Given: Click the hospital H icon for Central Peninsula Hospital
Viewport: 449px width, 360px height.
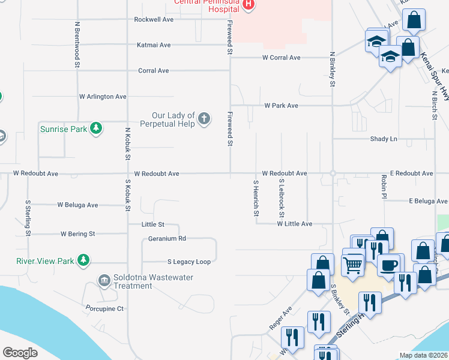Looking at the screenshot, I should (249, 5).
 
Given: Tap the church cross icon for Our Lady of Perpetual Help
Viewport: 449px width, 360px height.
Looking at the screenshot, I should (204, 118).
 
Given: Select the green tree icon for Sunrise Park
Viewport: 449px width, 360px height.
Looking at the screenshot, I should (95, 128).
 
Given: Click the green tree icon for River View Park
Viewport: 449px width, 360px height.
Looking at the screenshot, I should (84, 260).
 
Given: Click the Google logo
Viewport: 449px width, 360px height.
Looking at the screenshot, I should (20, 353).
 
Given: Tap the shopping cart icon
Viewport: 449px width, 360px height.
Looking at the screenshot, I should (353, 263).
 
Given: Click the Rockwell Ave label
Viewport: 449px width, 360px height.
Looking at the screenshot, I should (154, 19).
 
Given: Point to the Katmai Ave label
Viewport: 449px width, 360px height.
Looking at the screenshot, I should (154, 45).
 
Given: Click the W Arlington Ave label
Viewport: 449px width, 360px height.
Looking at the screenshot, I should (103, 97).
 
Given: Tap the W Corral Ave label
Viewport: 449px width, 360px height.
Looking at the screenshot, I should (281, 58).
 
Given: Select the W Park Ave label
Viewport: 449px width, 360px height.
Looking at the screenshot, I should (281, 106).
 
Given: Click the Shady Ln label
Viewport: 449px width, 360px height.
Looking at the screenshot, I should (384, 139).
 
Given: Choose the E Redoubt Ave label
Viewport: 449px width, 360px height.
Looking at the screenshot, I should (411, 173).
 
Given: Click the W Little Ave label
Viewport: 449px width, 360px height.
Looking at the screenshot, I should (294, 224).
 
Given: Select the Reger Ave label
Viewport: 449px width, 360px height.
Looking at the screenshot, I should (280, 319).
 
